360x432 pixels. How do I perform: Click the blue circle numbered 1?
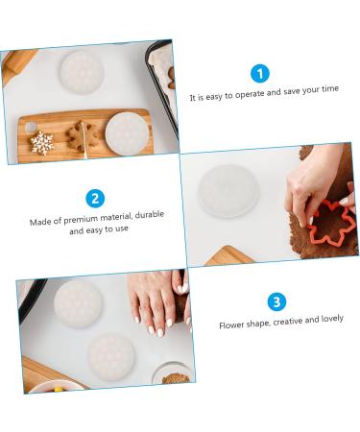point(260,73)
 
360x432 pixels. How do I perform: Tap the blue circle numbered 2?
point(95,199)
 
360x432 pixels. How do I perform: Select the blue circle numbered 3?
point(277,302)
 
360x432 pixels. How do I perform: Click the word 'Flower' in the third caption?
point(233,324)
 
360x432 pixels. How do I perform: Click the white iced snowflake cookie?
point(42,143)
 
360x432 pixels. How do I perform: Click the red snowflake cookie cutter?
point(331,223)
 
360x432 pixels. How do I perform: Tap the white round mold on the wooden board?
point(127,131)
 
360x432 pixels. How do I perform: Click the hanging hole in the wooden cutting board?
point(30,127)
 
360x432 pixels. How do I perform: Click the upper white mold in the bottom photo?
point(77,301)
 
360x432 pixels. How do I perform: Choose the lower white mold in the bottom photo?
point(112,355)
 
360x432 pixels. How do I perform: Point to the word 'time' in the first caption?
point(327,88)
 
